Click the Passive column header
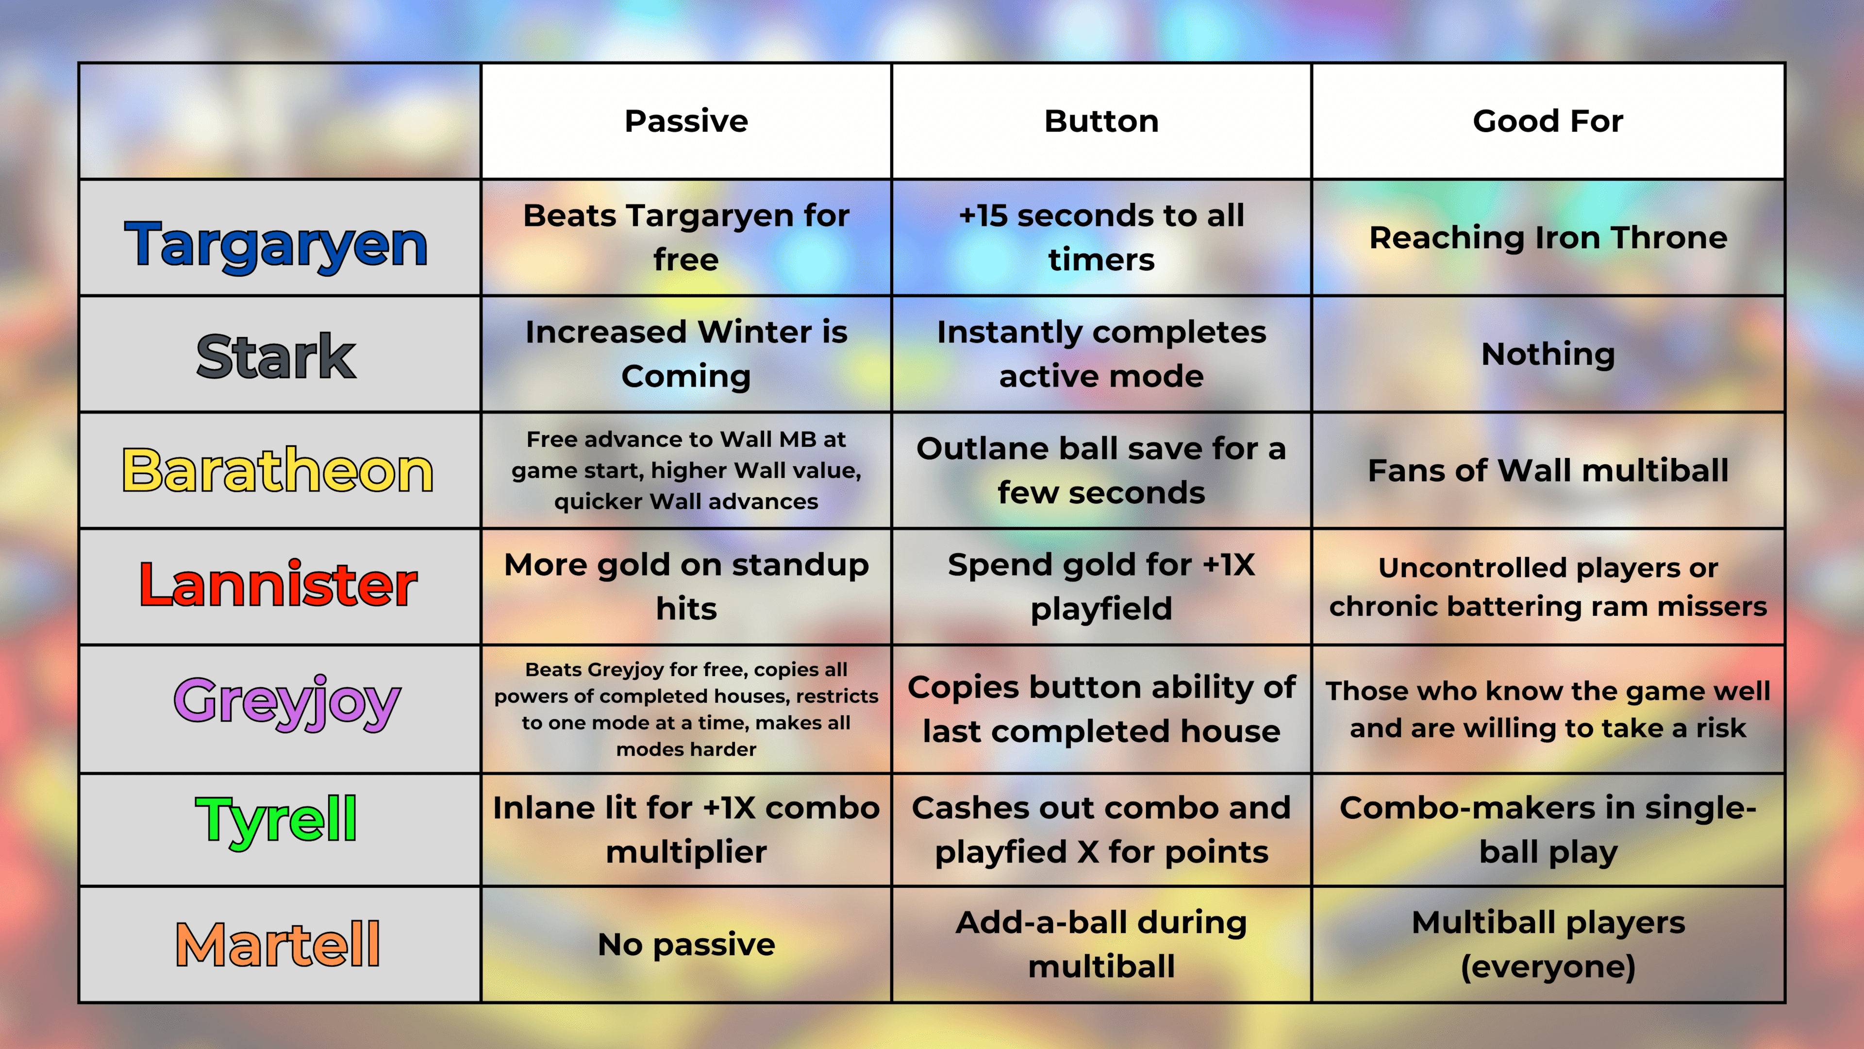[686, 121]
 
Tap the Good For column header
[1548, 121]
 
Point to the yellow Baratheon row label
[278, 471]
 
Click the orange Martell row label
[278, 944]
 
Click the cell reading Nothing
[1548, 354]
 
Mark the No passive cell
[686, 944]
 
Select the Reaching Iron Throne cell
[1548, 237]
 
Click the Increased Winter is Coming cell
[686, 354]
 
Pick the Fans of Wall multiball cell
[1548, 471]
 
